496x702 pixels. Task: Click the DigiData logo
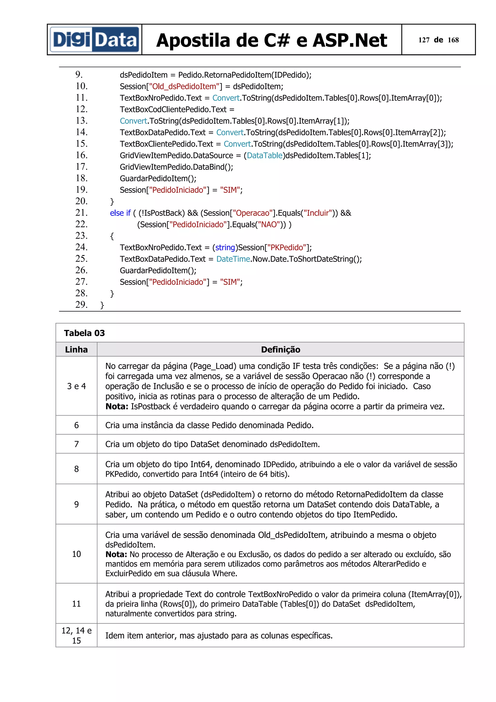[x=94, y=40]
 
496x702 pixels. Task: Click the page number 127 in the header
[x=424, y=40]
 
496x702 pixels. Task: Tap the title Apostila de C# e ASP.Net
[x=271, y=40]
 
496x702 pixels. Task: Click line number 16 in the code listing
[x=82, y=155]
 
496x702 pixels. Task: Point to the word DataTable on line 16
[x=264, y=155]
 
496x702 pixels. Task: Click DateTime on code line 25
[x=233, y=259]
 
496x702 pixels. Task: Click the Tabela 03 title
[x=84, y=333]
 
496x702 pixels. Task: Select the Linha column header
[x=76, y=350]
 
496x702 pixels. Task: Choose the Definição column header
[x=280, y=350]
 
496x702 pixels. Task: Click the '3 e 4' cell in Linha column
[x=76, y=386]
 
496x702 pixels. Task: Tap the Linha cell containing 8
[x=76, y=469]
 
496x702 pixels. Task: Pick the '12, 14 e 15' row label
[x=76, y=635]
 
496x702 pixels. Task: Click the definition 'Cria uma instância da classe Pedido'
[x=209, y=425]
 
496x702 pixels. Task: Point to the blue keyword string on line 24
[x=225, y=247]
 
